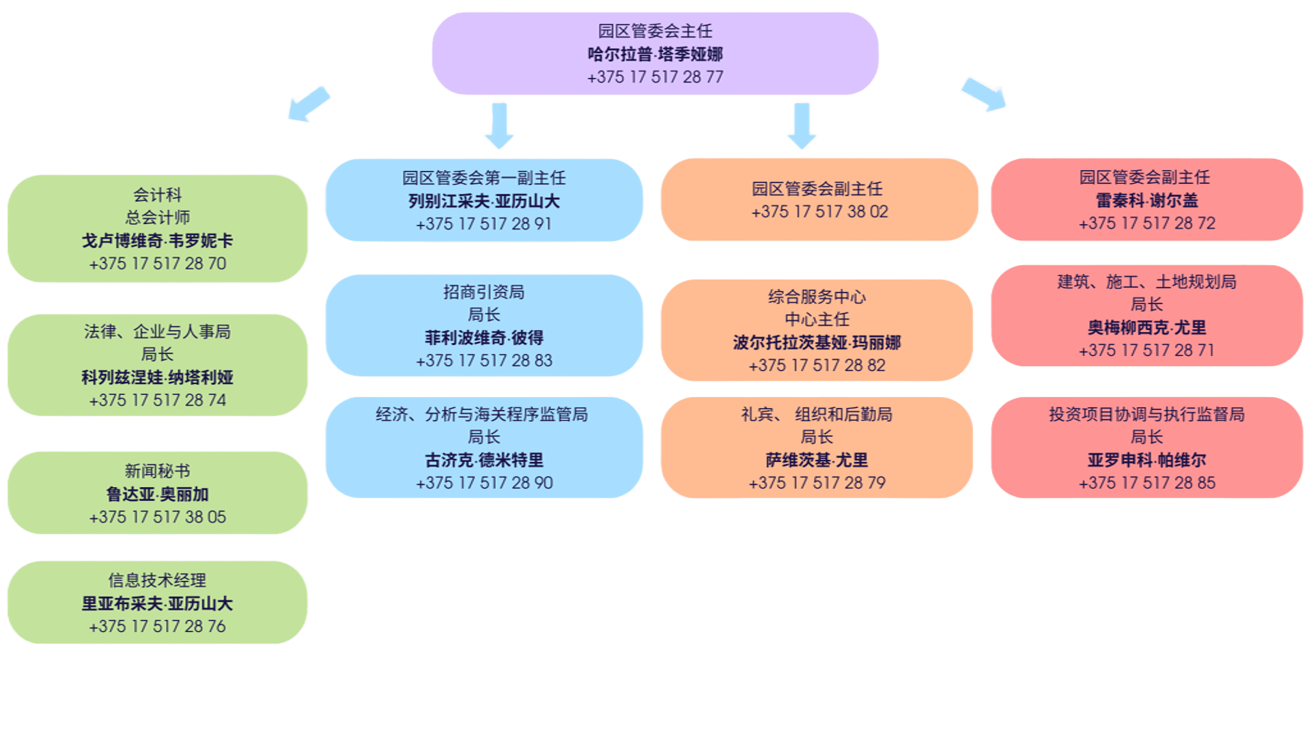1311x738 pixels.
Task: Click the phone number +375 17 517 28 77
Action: tap(655, 77)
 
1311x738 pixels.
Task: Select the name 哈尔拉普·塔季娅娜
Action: tap(655, 54)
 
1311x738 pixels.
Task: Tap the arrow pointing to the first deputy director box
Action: tap(499, 124)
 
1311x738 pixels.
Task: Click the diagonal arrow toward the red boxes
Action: tap(983, 94)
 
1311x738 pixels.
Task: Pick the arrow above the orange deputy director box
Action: tap(802, 125)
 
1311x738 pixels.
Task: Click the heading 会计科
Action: tap(158, 195)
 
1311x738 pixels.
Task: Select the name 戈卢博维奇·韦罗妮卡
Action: tap(158, 241)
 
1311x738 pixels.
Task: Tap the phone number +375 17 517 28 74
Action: tap(158, 400)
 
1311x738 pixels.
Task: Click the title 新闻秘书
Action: tap(158, 471)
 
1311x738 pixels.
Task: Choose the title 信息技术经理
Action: tap(158, 580)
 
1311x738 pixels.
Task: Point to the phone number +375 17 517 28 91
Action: tap(484, 224)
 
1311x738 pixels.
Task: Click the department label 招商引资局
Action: tap(484, 292)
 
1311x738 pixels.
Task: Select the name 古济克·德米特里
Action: tap(484, 460)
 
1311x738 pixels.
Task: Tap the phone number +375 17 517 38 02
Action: tap(819, 212)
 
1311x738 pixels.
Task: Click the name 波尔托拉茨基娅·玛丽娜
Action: tap(817, 342)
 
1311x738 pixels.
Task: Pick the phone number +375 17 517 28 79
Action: tap(817, 483)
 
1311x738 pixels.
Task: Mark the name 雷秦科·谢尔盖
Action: tap(1147, 200)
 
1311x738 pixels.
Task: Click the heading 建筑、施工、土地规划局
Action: tap(1147, 282)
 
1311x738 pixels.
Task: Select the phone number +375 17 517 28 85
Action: tap(1147, 483)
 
